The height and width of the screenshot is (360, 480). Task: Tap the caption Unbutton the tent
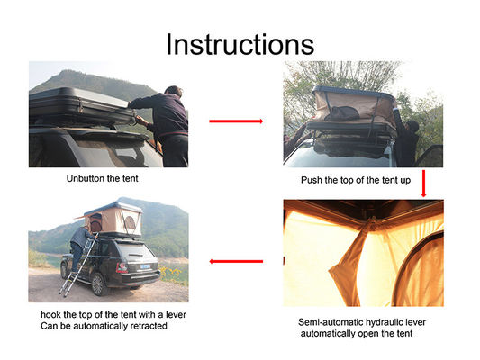click(104, 179)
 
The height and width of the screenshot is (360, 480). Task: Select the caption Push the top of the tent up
click(357, 180)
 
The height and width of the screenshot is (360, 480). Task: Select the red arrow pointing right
click(236, 120)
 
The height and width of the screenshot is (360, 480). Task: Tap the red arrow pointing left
click(236, 261)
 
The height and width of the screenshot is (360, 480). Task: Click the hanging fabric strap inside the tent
click(345, 261)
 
